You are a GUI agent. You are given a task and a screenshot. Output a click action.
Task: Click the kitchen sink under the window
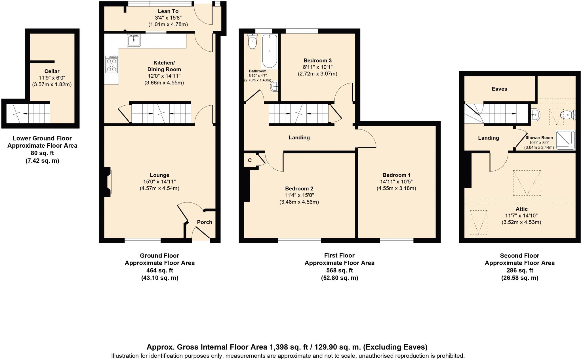[x=134, y=40]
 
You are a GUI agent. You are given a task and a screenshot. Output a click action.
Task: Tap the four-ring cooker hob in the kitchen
[x=111, y=64]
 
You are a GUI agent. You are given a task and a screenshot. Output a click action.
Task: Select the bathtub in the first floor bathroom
[x=270, y=51]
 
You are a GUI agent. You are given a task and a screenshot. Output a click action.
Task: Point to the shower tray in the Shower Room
[x=565, y=140]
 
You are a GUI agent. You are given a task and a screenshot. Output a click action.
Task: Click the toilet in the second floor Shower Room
[x=567, y=115]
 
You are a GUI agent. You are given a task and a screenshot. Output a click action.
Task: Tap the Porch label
[x=205, y=222]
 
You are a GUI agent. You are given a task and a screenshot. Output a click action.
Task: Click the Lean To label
[x=168, y=11]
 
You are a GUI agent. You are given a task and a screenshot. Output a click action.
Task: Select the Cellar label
[x=52, y=71]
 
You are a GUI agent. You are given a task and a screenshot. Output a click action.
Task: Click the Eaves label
[x=499, y=89]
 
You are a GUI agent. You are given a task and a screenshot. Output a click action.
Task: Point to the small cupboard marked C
[x=250, y=160]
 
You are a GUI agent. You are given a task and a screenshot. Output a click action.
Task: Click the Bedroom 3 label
[x=317, y=60]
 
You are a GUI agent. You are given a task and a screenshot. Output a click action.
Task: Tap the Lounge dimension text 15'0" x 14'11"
[x=159, y=182]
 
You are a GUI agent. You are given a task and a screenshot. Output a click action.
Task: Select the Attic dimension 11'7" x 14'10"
[x=521, y=215]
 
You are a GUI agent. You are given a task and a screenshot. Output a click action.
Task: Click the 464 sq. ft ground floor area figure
[x=159, y=270]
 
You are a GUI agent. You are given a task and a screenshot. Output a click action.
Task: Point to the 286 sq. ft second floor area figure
[x=519, y=270]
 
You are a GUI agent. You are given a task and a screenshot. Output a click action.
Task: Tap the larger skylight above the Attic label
[x=527, y=183]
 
